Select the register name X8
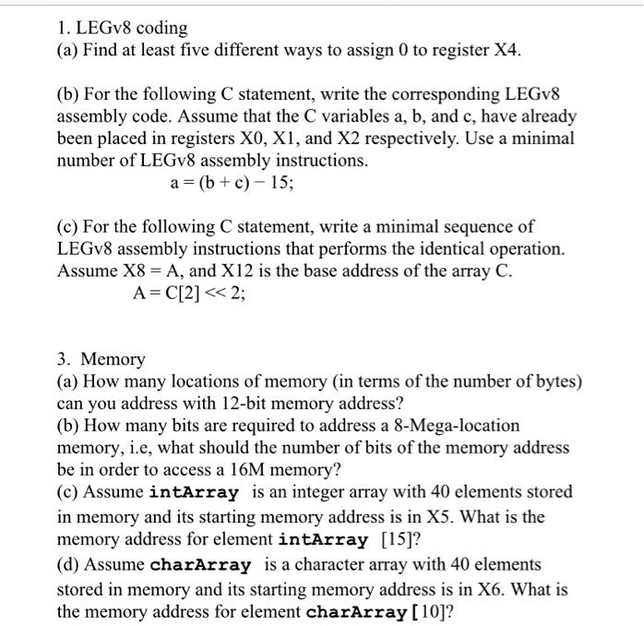pos(120,271)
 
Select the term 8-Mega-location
pos(456,426)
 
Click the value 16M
pos(262,470)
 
